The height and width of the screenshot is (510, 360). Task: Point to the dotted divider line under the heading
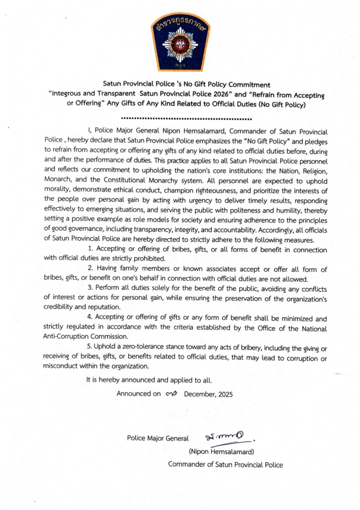[186, 120]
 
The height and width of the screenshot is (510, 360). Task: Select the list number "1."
[91, 249]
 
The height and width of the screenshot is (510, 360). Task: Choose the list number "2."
[91, 269]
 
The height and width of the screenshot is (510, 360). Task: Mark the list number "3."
[91, 288]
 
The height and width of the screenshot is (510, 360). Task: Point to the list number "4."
[91, 318]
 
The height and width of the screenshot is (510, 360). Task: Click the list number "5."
[91, 347]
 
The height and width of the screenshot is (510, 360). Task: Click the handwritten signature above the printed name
[227, 437]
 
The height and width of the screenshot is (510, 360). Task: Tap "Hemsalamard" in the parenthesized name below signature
[234, 452]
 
